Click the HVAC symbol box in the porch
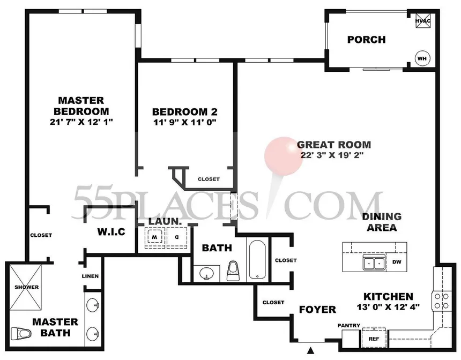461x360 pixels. click(423, 20)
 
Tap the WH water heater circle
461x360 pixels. click(422, 58)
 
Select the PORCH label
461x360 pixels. click(366, 40)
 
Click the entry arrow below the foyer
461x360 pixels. click(310, 350)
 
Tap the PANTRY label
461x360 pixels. click(348, 325)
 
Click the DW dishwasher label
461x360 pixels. click(397, 262)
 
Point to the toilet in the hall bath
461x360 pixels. click(234, 271)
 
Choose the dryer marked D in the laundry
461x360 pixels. click(177, 236)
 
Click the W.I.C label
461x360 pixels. click(111, 232)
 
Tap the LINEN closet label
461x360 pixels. click(90, 276)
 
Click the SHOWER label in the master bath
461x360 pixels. click(26, 287)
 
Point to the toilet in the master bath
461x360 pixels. click(21, 334)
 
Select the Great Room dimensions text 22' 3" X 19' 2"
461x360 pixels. click(332, 155)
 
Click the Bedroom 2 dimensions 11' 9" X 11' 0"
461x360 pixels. click(185, 122)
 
